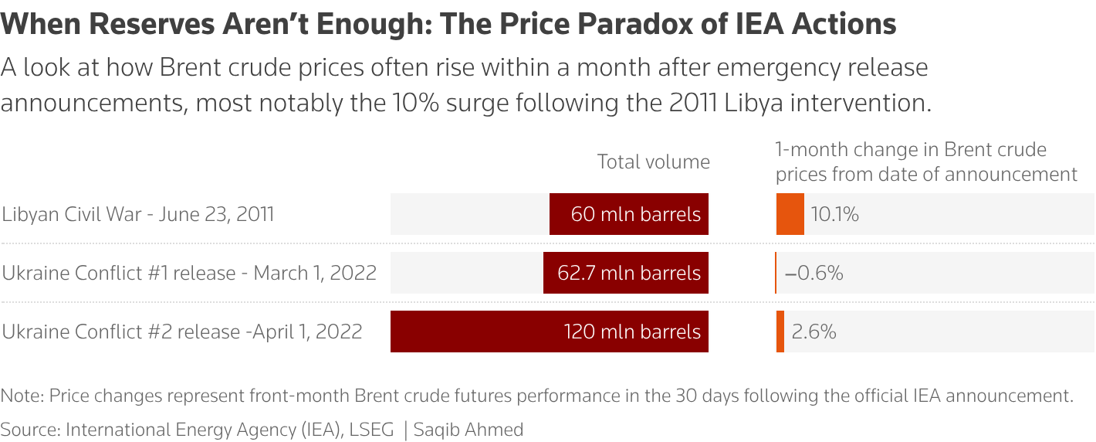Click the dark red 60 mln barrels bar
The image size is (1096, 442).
(x=629, y=214)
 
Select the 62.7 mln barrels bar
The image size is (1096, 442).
(x=626, y=273)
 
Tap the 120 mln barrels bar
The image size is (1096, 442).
(x=550, y=331)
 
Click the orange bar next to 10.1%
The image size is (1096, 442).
(x=790, y=214)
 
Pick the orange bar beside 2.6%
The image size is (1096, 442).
(x=780, y=331)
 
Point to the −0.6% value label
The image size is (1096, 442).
(x=814, y=273)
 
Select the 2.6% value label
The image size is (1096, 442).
(x=814, y=331)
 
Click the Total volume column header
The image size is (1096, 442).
(x=653, y=161)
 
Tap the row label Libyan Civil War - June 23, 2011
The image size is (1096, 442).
(x=138, y=214)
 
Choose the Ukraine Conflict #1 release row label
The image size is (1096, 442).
(x=189, y=273)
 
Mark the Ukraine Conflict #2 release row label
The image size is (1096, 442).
(x=182, y=331)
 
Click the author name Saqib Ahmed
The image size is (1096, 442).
(x=469, y=430)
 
